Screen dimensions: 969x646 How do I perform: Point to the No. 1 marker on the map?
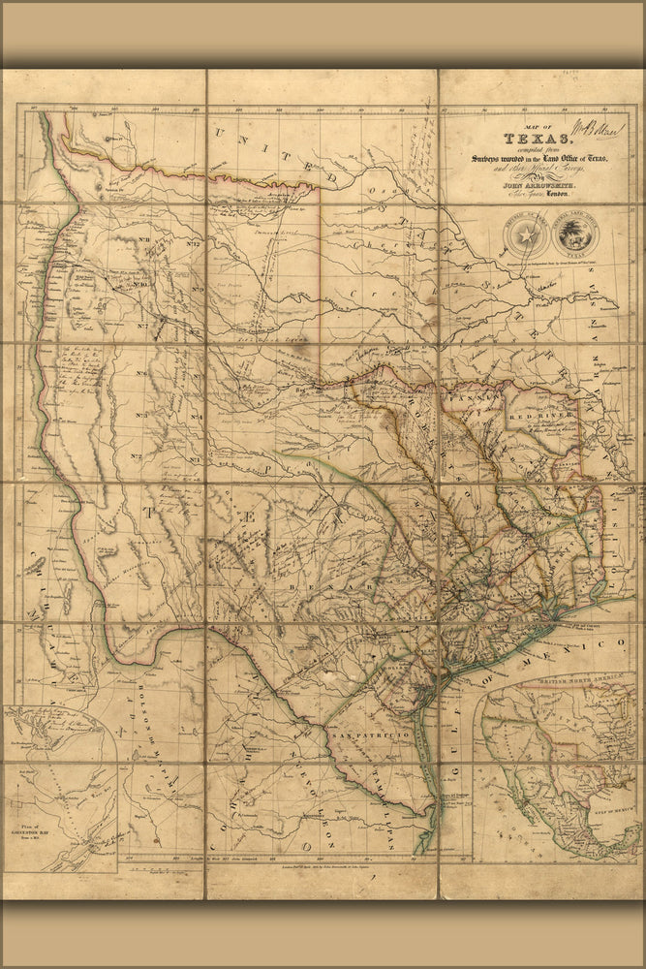[x=195, y=457]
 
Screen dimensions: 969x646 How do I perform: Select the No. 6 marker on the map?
[x=141, y=373]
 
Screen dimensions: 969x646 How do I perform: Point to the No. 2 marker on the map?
[x=137, y=456]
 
